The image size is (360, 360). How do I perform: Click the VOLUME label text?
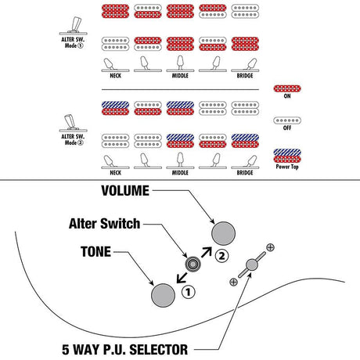click(x=125, y=191)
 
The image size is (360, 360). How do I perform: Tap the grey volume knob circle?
click(x=223, y=233)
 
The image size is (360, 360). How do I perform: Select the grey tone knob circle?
click(x=163, y=295)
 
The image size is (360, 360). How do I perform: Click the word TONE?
click(x=96, y=252)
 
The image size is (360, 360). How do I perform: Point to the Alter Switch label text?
click(x=105, y=224)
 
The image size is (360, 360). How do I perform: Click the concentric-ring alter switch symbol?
click(x=193, y=265)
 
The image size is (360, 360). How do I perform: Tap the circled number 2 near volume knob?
click(x=221, y=256)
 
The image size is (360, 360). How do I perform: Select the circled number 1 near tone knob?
click(x=189, y=292)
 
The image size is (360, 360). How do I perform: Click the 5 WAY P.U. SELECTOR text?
click(x=124, y=350)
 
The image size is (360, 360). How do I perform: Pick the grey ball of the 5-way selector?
click(x=252, y=265)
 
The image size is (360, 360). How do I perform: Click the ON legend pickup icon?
click(x=287, y=88)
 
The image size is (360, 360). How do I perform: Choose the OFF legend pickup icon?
click(x=287, y=121)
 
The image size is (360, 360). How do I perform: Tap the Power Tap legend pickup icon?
click(x=287, y=156)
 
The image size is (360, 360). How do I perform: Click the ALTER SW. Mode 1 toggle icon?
click(x=74, y=26)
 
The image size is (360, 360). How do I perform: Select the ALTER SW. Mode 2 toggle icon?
click(x=74, y=123)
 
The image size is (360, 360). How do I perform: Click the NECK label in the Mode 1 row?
click(x=115, y=76)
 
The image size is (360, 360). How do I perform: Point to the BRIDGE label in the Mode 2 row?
click(x=245, y=173)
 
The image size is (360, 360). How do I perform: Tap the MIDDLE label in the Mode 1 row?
click(x=180, y=76)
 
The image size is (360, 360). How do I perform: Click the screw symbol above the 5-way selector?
click(x=270, y=247)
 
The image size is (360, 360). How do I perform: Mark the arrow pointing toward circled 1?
click(x=182, y=278)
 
